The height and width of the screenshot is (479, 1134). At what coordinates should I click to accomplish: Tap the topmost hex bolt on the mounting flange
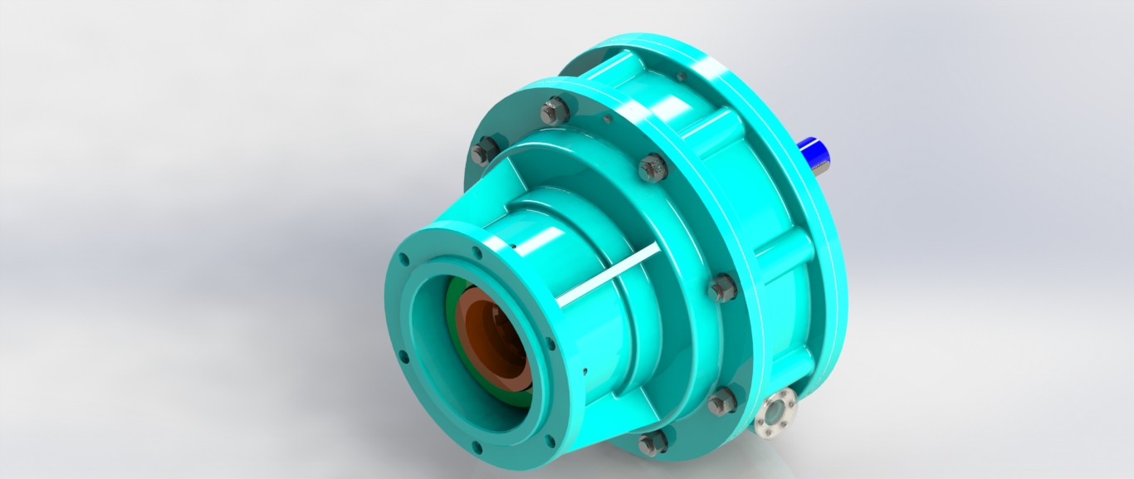pos(555,110)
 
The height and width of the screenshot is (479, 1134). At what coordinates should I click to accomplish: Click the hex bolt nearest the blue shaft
pos(653,168)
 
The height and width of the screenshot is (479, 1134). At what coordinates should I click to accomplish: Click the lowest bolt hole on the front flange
pos(477,449)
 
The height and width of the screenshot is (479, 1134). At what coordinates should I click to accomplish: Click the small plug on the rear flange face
pos(681,76)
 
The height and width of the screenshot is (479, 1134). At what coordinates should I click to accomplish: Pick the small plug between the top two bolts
pos(608,120)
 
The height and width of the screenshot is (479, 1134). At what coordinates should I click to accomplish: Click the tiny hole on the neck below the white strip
pos(585,371)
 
